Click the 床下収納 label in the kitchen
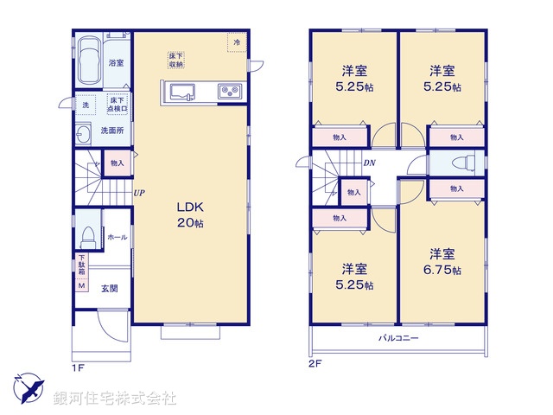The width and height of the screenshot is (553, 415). click(176, 60)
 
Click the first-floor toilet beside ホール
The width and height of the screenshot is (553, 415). click(87, 234)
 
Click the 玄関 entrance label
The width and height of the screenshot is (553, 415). click(110, 289)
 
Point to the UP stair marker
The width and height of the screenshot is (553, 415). click(138, 194)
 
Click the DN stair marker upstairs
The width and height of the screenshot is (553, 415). click(369, 163)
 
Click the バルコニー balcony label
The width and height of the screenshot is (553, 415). click(398, 337)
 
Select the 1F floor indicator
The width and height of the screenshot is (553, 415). click(77, 366)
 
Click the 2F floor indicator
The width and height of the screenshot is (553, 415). click(316, 364)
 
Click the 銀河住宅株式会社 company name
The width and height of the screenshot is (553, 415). click(115, 399)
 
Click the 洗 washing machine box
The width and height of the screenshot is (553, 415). click(85, 105)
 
